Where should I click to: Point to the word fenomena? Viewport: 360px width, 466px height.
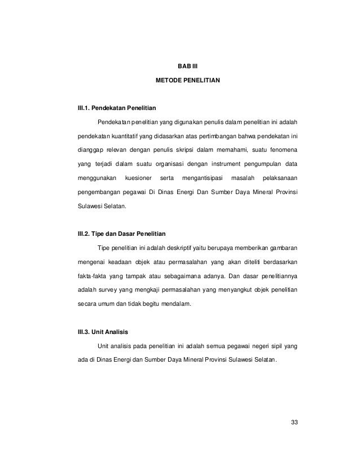pyautogui.click(x=283, y=151)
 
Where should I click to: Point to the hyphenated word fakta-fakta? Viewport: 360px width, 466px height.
pyautogui.click(x=93, y=276)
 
